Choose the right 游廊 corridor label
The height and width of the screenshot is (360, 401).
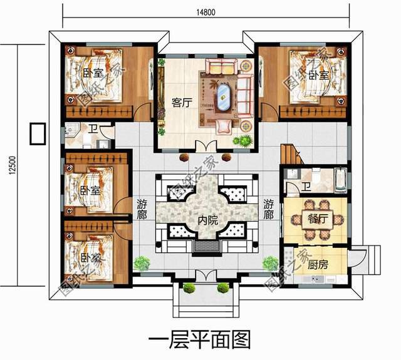[269, 208]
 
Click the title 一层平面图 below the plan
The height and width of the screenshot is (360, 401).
[199, 339]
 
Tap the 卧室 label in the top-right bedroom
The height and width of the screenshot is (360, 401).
[318, 75]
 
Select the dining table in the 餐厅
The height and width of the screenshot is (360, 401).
[313, 218]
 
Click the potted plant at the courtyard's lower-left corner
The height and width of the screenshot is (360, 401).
[141, 263]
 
